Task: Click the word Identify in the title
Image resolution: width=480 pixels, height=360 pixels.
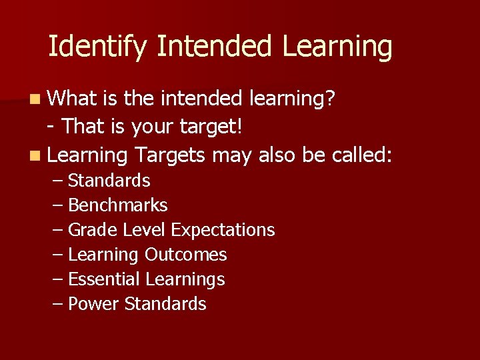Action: tap(98, 47)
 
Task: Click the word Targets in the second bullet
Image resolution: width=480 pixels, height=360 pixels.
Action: tap(170, 155)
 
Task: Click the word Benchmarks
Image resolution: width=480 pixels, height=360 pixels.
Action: tap(118, 205)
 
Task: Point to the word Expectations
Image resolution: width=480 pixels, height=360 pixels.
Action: tap(223, 230)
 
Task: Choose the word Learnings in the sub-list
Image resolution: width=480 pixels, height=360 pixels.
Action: tap(185, 279)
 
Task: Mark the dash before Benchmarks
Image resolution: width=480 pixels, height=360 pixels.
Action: tap(58, 205)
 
